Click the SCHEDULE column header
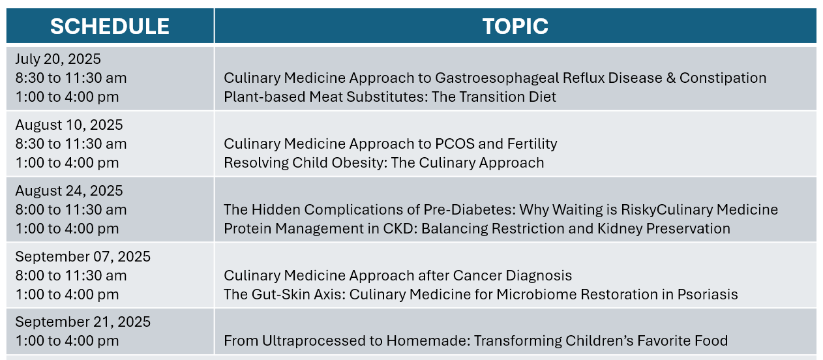(110, 27)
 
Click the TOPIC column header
(515, 27)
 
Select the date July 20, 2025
(58, 59)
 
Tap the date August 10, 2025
(69, 125)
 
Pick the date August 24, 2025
(69, 190)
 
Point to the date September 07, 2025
(83, 256)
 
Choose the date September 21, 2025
(83, 322)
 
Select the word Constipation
(723, 78)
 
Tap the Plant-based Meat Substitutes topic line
(390, 97)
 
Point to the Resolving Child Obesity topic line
(384, 163)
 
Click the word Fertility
(532, 143)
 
